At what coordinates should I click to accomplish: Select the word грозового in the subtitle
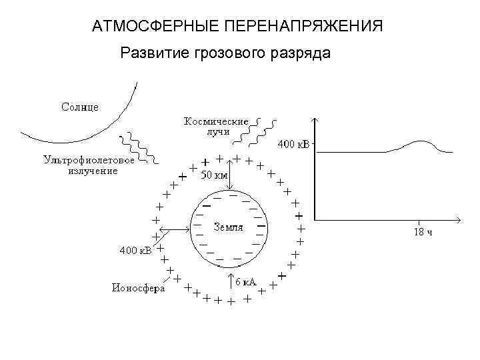tap(224, 53)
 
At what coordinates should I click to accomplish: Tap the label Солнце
tap(80, 107)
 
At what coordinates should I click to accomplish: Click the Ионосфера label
tap(138, 288)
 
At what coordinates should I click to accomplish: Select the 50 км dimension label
tap(215, 175)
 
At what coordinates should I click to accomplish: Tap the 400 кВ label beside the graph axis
tap(293, 144)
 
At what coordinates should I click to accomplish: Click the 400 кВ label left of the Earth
tap(135, 251)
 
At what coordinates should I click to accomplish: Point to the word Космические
tap(216, 122)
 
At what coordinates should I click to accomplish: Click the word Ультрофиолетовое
tap(89, 160)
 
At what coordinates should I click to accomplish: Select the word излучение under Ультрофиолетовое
tap(93, 170)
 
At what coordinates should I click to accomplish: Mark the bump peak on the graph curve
tap(421, 142)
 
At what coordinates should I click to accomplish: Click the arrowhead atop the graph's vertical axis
tap(315, 121)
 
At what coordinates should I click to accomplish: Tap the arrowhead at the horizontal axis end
tap(460, 219)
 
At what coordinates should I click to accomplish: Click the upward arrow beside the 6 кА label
tap(230, 281)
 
